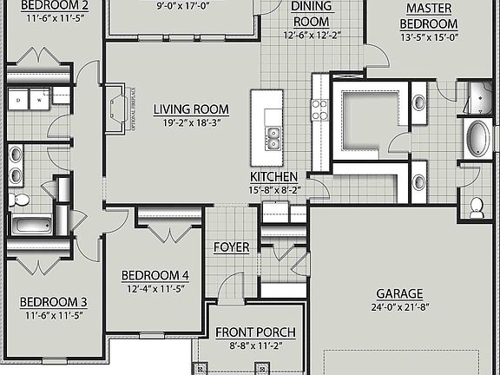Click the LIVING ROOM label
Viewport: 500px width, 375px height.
point(191,109)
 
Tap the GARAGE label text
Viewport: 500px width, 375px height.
point(399,293)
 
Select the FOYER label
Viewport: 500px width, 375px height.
point(232,247)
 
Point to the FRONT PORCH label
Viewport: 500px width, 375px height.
point(255,332)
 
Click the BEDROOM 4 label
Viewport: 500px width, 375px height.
point(155,275)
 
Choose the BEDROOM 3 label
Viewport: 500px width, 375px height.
point(53,302)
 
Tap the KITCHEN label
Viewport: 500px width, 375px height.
point(274,176)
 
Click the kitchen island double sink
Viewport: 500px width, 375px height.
point(273,135)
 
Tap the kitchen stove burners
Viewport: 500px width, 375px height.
point(319,109)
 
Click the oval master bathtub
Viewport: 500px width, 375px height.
point(478,139)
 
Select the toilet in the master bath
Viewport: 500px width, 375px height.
point(477,207)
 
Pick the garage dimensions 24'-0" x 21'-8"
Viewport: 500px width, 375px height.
point(399,306)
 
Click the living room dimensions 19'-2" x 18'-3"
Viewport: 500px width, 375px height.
point(191,122)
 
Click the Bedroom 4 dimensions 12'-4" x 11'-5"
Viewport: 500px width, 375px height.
point(155,288)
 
